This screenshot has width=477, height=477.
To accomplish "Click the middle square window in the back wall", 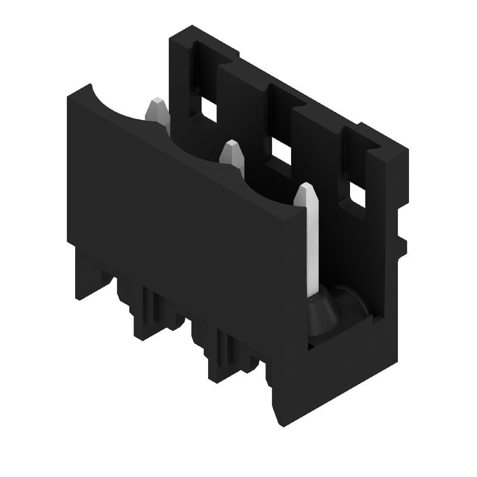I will [281, 152].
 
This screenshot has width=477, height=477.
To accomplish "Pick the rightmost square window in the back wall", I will [357, 196].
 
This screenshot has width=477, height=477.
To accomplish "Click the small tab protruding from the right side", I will [401, 244].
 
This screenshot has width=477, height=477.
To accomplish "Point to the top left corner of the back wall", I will [172, 37].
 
